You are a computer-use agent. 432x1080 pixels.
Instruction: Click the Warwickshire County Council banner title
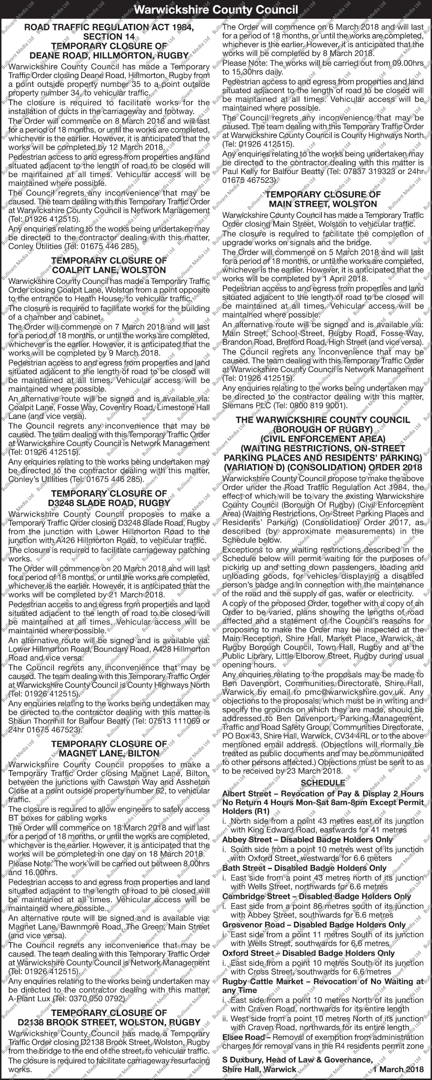coord(216,9)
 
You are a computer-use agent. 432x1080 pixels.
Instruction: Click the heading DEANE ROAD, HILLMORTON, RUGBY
coord(109,55)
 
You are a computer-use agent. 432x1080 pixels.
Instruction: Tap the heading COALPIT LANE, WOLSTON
coord(109,270)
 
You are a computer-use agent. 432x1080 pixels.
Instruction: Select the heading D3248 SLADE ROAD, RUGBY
coord(109,503)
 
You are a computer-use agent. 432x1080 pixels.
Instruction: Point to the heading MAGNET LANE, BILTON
coord(109,753)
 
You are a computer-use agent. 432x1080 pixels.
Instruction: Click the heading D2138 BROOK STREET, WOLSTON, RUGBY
coord(109,1022)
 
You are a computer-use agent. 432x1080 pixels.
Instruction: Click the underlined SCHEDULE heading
coord(323,783)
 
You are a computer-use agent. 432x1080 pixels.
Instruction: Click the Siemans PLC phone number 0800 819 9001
coord(318,405)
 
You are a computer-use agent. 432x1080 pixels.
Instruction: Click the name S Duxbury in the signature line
coord(241,1060)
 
